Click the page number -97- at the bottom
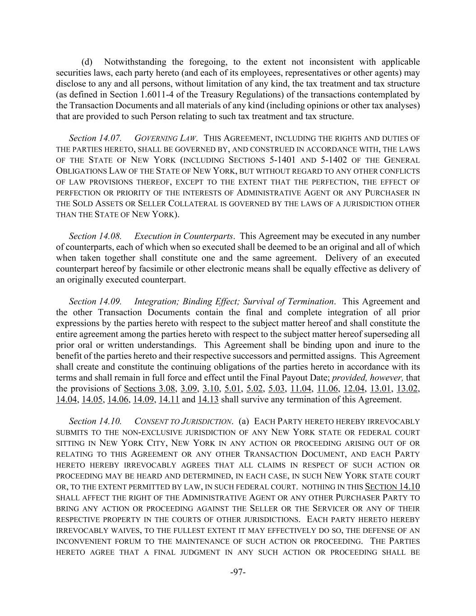click(238, 572)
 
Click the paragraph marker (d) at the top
click(87, 62)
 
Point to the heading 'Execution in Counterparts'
click(184, 236)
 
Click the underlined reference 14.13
click(208, 399)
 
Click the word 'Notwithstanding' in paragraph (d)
click(135, 62)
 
